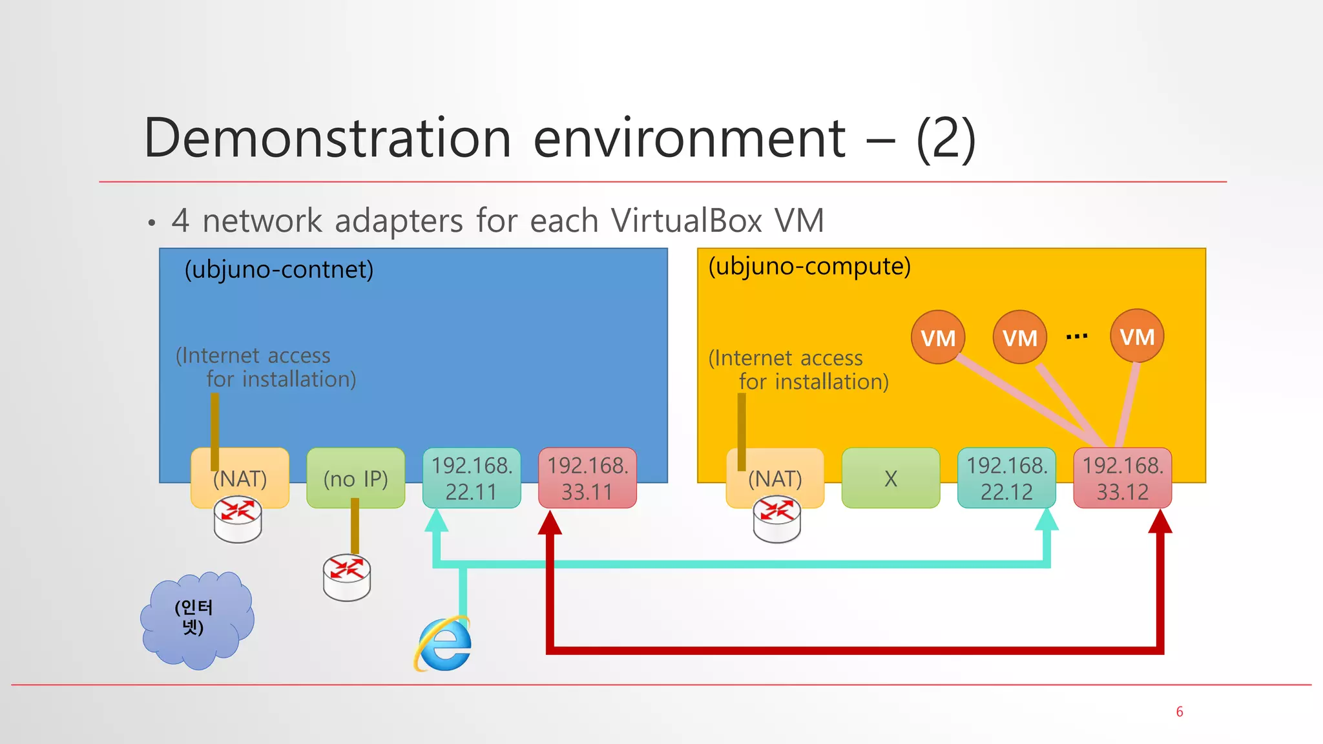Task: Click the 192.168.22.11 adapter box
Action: coord(472,479)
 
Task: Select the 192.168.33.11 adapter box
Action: coord(587,479)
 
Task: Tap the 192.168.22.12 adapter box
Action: coord(1006,479)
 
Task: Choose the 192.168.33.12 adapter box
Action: coord(1122,479)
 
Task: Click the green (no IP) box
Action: coord(355,479)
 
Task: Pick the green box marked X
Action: coord(890,479)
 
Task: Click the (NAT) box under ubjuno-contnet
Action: coord(240,479)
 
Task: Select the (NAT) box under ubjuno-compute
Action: coord(775,479)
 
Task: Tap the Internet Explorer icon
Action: coord(444,644)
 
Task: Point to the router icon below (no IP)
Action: coord(347,577)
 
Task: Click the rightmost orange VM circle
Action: coord(1137,336)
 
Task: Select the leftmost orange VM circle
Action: coord(938,337)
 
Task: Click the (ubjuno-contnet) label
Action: coord(278,269)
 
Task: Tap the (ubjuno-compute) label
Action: coord(809,266)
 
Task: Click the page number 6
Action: coord(1179,712)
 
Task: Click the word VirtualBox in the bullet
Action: coord(687,221)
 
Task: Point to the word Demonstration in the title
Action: coord(328,138)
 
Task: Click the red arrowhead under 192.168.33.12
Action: coord(1160,522)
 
